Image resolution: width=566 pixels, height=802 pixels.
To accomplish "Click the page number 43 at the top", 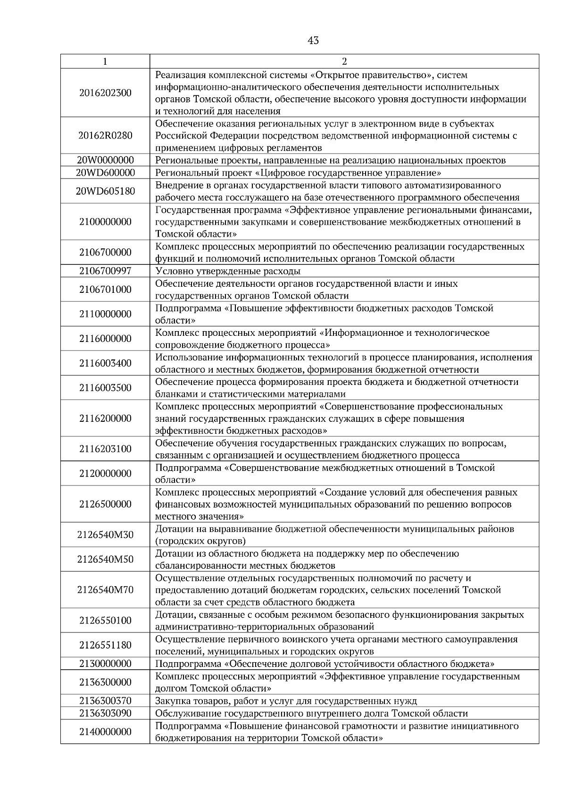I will pyautogui.click(x=313, y=41).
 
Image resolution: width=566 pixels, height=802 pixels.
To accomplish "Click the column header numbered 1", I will pyautogui.click(x=105, y=61).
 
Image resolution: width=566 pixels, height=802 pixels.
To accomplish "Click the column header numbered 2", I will pyautogui.click(x=344, y=61).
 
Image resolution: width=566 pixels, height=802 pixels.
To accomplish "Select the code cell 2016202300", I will pyautogui.click(x=105, y=93).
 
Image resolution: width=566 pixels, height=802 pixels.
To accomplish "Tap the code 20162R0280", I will pyautogui.click(x=105, y=136).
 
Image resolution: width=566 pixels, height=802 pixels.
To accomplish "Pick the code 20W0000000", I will pyautogui.click(x=105, y=160).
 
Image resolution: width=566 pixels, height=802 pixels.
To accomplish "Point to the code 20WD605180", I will pyautogui.click(x=105, y=191).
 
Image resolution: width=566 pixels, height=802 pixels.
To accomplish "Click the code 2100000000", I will pyautogui.click(x=105, y=222).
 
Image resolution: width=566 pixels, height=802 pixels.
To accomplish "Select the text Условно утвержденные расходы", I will pyautogui.click(x=228, y=271).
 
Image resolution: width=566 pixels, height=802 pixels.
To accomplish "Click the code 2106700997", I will pyautogui.click(x=105, y=271).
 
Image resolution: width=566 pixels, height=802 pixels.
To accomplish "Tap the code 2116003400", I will pyautogui.click(x=105, y=363).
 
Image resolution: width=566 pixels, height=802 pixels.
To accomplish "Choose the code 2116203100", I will pyautogui.click(x=105, y=449).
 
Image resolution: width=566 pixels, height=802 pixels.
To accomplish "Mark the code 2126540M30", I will pyautogui.click(x=105, y=535).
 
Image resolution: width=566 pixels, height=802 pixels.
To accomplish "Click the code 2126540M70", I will pyautogui.click(x=105, y=590).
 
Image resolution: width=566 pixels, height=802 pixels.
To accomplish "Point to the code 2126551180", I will pyautogui.click(x=105, y=645).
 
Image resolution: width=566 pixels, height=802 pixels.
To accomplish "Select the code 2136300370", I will pyautogui.click(x=105, y=701).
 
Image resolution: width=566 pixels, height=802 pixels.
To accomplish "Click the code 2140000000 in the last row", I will pyautogui.click(x=105, y=732).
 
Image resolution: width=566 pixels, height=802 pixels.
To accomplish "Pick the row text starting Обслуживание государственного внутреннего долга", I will pyautogui.click(x=311, y=713).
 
